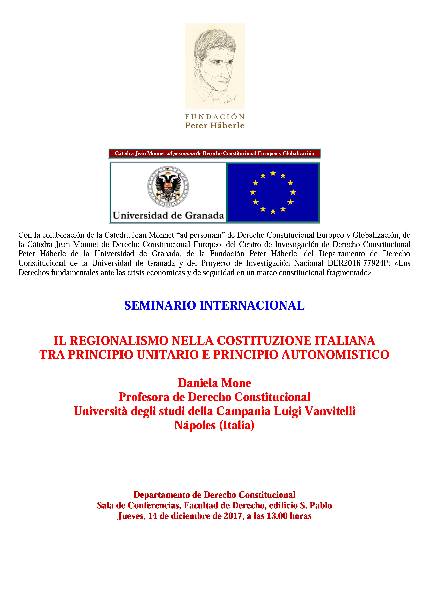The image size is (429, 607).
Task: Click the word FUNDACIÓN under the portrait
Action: click(214, 117)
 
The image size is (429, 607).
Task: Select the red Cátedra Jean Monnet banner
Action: click(214, 153)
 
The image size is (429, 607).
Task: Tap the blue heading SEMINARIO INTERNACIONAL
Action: click(214, 305)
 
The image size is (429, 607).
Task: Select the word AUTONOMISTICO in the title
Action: click(335, 355)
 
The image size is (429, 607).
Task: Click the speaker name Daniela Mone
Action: click(214, 383)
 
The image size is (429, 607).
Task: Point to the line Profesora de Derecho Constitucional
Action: click(214, 397)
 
